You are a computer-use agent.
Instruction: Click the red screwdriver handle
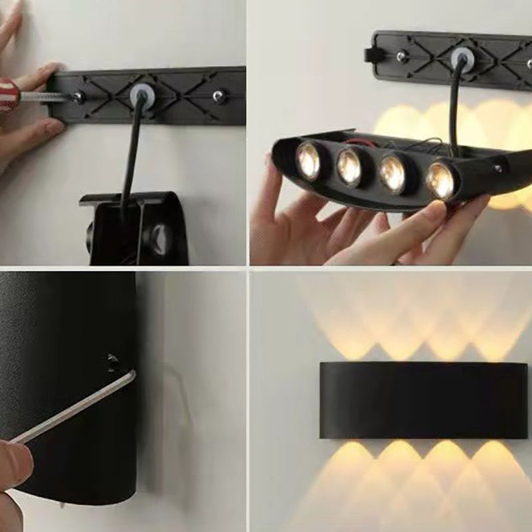7,93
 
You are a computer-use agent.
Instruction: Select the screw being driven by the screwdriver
78,98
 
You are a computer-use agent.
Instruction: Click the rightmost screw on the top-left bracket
219,96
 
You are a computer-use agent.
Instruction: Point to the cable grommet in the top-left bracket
140,93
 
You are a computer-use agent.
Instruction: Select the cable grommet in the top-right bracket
461,60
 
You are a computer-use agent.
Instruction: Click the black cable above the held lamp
455,113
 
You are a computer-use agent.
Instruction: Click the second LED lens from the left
349,167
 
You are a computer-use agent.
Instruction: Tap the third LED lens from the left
392,174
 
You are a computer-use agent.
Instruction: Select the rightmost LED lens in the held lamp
440,179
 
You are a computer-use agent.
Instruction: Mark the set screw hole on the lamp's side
112,360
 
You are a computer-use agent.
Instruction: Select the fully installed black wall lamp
423,400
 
